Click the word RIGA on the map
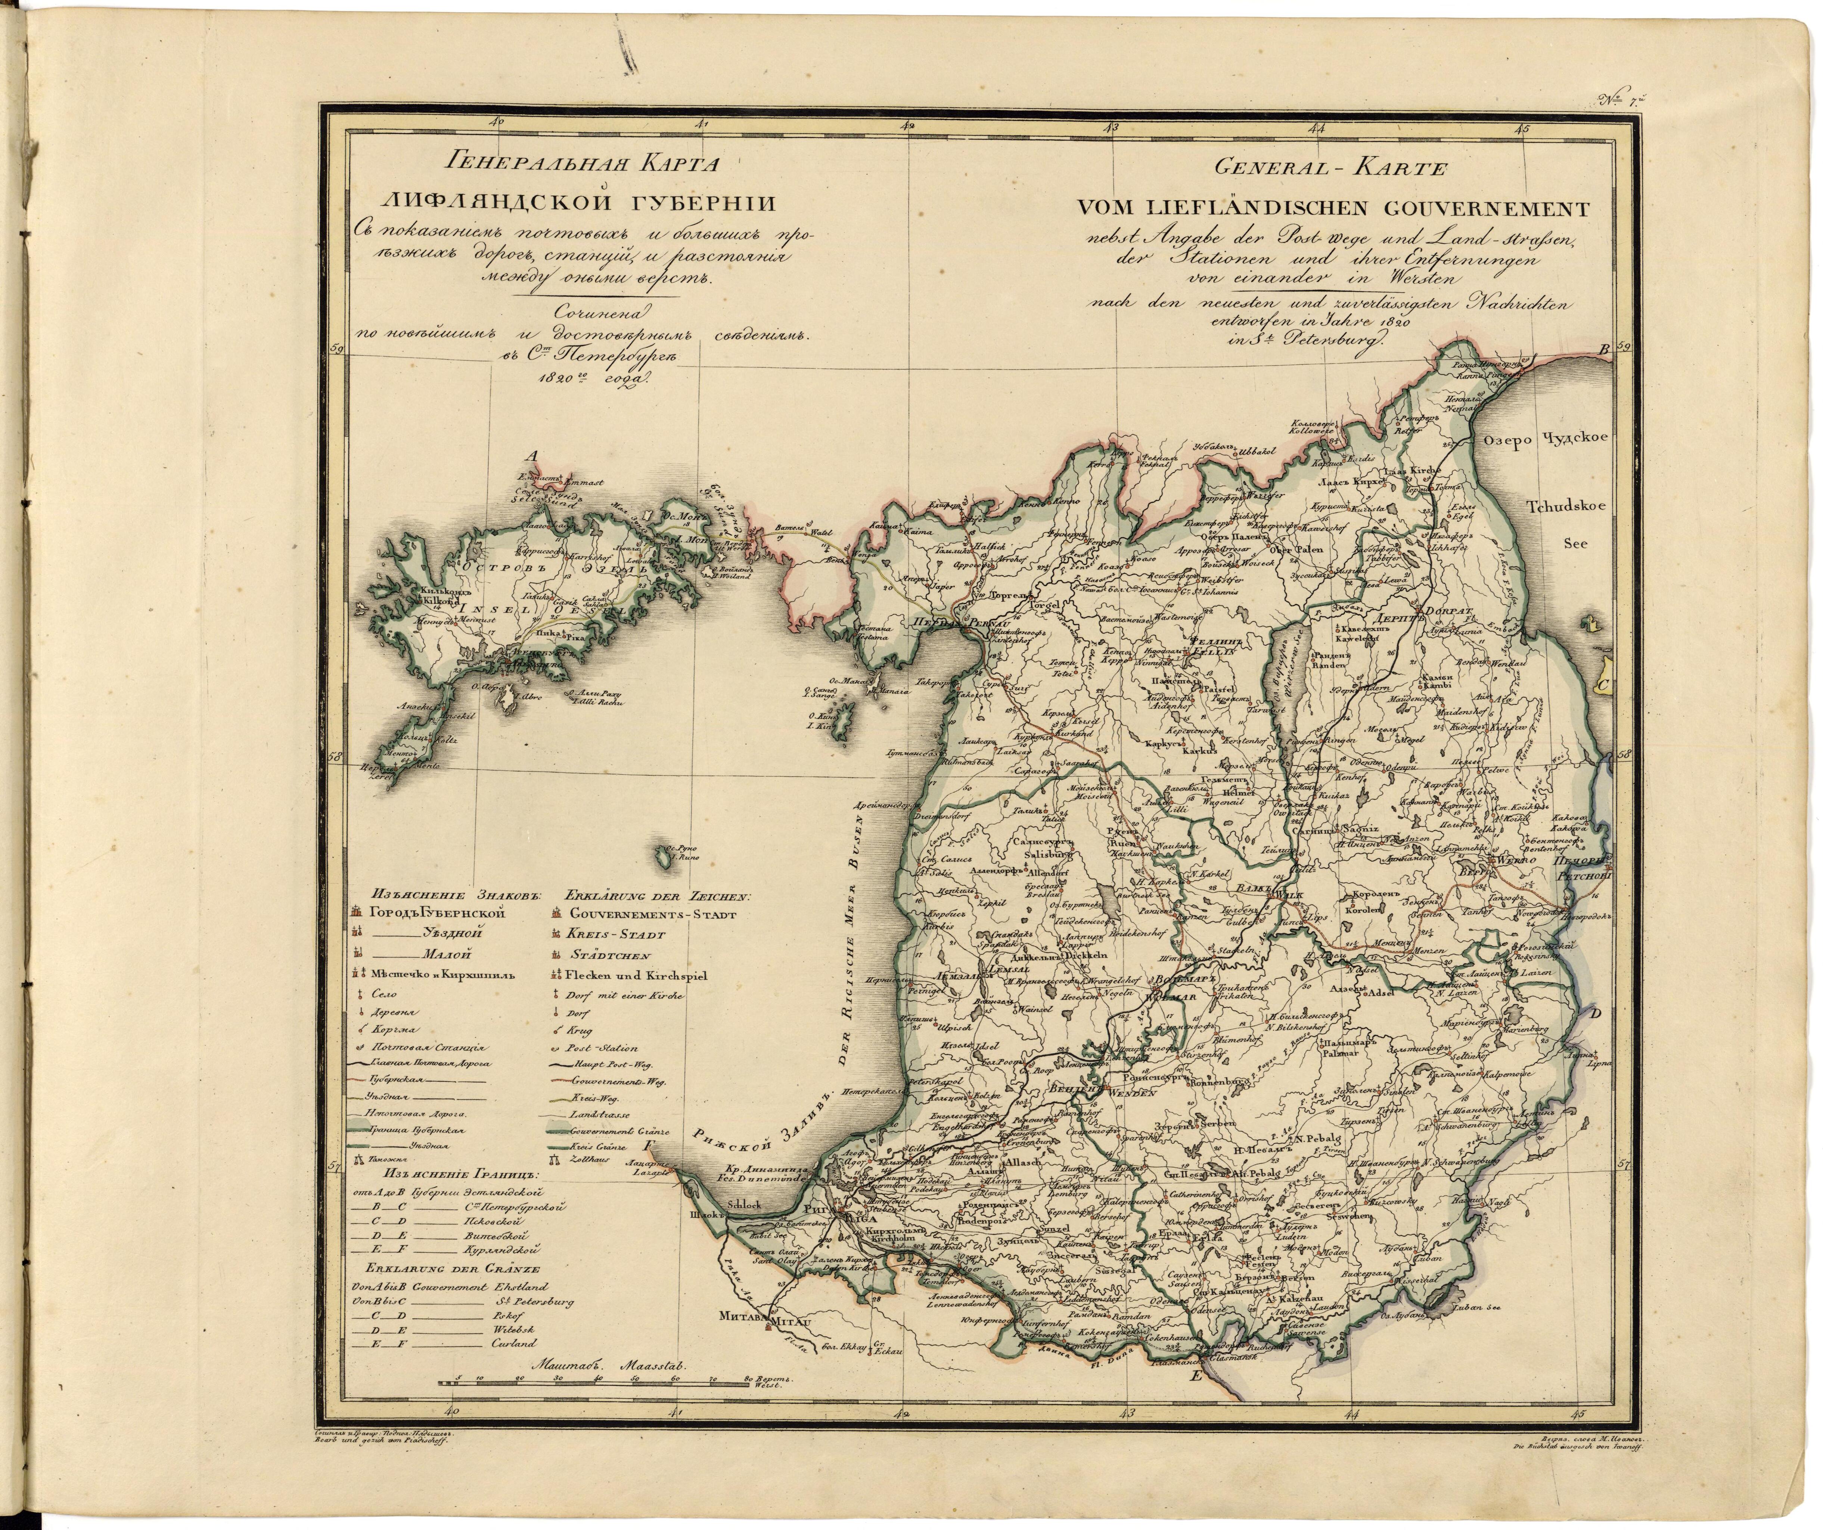click(855, 1218)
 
